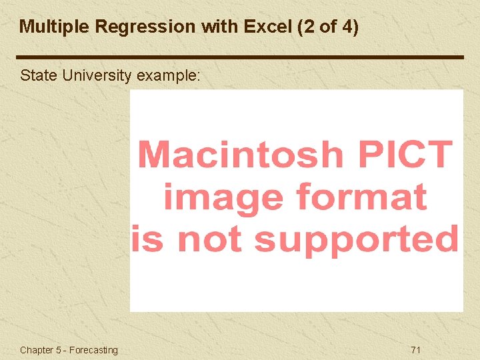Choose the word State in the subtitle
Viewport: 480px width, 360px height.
(39, 75)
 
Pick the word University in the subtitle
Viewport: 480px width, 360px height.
(97, 75)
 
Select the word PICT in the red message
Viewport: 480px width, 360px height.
(405, 155)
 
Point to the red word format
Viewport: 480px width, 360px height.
(360, 197)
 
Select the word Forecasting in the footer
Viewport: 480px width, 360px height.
(93, 350)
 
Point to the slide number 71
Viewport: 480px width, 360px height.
(416, 350)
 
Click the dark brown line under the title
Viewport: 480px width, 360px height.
(240, 57)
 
